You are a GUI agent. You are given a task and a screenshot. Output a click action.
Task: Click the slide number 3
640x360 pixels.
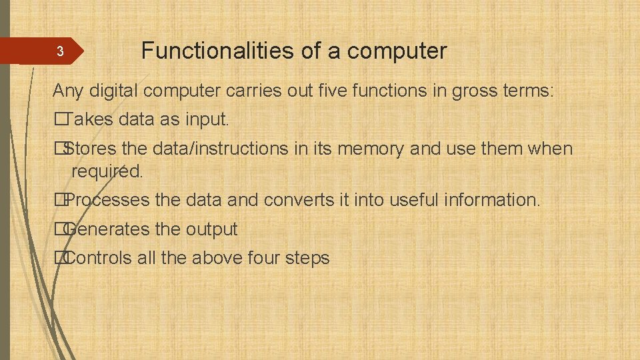coord(59,51)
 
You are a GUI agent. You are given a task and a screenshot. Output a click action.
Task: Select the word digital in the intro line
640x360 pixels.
coord(115,91)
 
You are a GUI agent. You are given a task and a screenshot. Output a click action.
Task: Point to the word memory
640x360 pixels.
coord(371,149)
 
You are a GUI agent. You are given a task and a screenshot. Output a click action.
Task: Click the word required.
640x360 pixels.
coord(107,171)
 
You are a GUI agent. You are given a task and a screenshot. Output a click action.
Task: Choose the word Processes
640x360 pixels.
coord(108,200)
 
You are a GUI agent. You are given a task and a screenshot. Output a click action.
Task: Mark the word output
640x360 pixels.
coord(211,229)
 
